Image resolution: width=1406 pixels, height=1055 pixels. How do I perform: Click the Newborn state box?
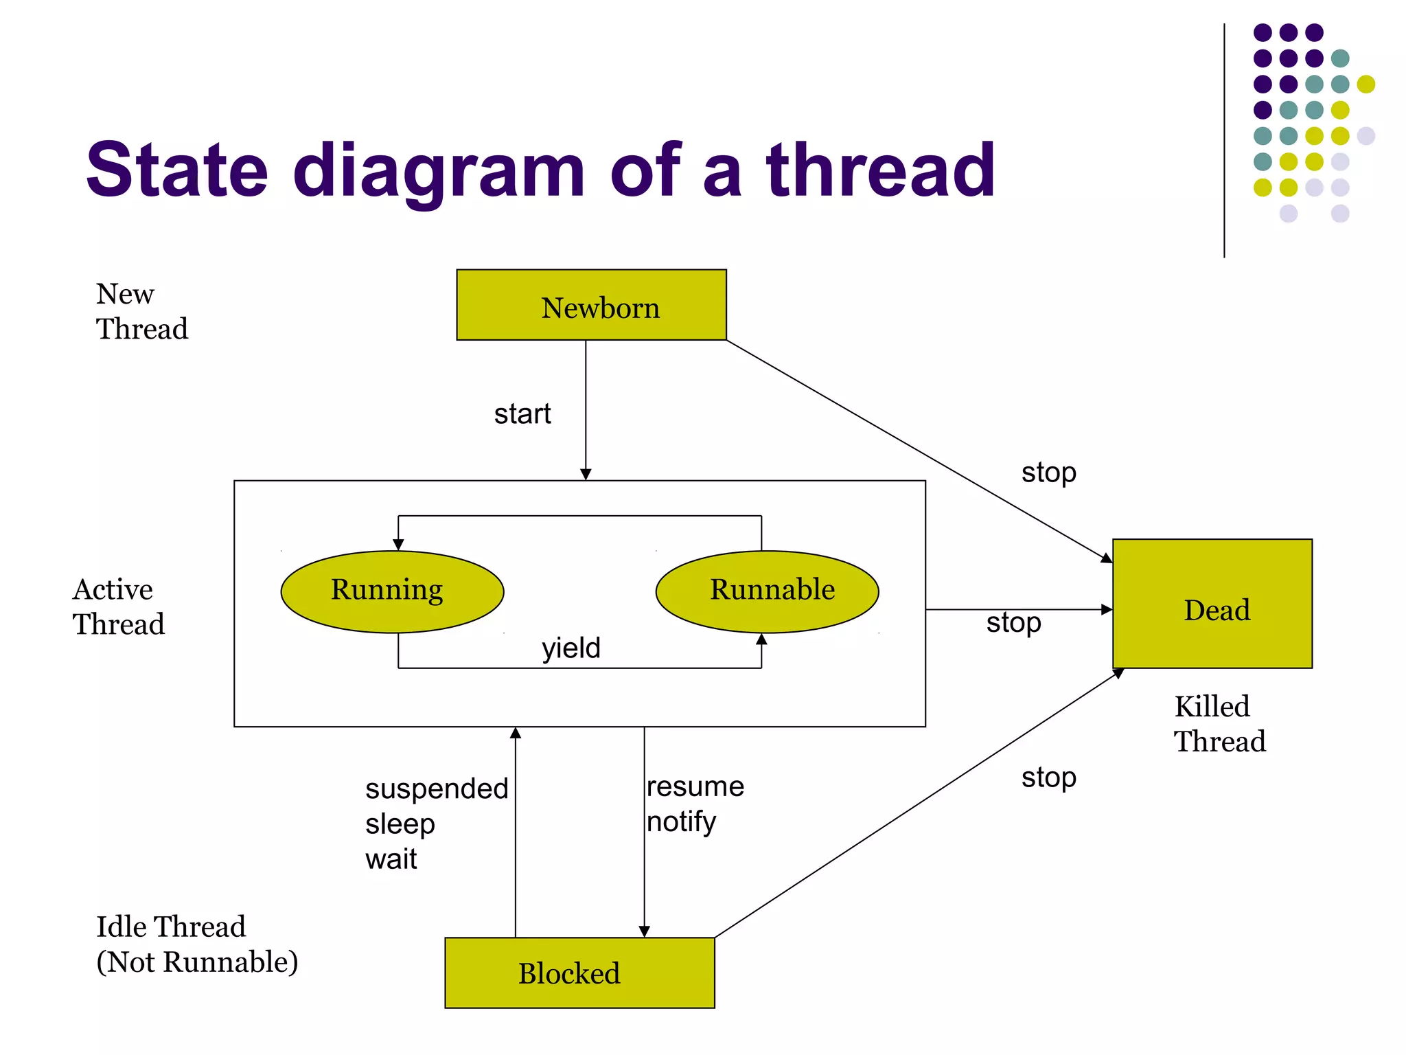click(591, 305)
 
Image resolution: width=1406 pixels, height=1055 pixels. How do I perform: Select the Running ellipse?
click(392, 591)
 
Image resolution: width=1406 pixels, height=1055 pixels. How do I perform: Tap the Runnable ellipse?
click(767, 591)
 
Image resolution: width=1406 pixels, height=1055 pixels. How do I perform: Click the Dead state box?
click(1212, 604)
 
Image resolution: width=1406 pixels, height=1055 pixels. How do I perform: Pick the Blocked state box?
click(579, 973)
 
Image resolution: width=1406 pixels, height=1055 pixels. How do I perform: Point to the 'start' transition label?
click(522, 414)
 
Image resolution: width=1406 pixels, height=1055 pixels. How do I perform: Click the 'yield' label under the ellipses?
click(571, 648)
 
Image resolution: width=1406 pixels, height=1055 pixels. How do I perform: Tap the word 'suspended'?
click(437, 789)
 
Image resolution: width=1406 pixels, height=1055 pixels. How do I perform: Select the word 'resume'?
click(695, 786)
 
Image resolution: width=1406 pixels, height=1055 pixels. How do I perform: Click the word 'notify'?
click(681, 821)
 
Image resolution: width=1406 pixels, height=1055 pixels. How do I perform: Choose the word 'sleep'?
click(400, 824)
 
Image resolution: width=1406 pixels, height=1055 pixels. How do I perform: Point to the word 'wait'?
click(391, 859)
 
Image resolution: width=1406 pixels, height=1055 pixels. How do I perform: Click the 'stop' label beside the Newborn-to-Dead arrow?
click(1048, 473)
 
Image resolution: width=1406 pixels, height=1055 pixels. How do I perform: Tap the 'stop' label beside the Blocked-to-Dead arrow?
click(1048, 778)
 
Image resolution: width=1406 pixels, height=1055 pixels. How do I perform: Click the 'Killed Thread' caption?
click(1219, 724)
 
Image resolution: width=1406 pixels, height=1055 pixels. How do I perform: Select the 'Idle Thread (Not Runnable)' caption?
click(197, 944)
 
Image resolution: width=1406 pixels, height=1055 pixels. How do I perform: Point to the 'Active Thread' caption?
click(119, 607)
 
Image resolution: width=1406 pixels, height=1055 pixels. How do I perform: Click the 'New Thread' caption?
click(141, 311)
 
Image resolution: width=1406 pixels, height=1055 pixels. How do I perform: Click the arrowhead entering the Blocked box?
click(644, 931)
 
